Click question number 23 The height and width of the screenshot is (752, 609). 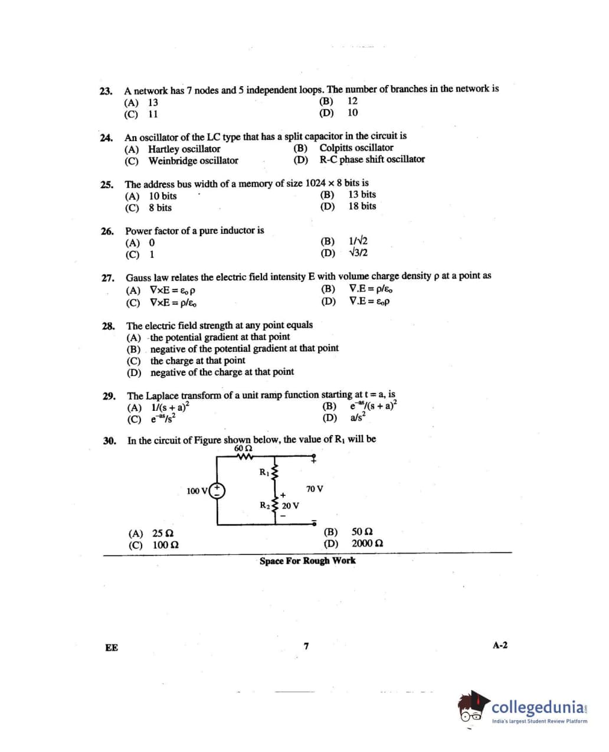click(106, 91)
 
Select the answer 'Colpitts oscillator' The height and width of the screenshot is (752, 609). click(356, 148)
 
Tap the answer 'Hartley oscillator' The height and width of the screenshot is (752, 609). click(184, 149)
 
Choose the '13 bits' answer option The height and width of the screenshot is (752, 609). click(361, 194)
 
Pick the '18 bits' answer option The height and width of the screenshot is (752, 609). click(361, 206)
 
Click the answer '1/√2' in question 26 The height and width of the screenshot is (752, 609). click(358, 241)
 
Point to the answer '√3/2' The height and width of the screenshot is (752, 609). click(358, 253)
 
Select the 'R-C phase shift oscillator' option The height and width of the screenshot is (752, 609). click(372, 159)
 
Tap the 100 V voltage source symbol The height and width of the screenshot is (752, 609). click(218, 490)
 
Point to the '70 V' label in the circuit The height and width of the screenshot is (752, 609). click(315, 489)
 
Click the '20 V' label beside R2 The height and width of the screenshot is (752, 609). click(290, 506)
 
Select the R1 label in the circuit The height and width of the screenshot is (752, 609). click(264, 472)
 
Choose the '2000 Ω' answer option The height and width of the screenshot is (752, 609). click(367, 544)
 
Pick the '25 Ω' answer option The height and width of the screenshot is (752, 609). click(162, 534)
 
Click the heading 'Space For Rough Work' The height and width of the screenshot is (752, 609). click(307, 561)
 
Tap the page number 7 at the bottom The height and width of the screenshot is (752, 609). click(306, 646)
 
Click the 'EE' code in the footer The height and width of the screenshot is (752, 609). click(111, 648)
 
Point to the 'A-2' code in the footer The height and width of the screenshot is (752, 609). click(500, 645)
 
